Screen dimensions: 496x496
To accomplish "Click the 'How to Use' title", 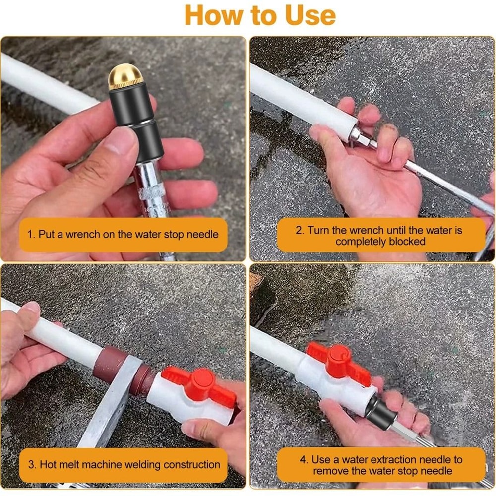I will (260, 15).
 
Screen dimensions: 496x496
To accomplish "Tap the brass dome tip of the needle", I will (125, 77).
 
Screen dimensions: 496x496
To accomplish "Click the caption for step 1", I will (123, 234).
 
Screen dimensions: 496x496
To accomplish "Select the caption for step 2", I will (380, 236).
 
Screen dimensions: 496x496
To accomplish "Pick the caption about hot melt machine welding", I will (124, 465).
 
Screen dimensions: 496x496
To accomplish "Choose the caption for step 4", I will (380, 465).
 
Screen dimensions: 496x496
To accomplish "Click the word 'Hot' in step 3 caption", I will (49, 465).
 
